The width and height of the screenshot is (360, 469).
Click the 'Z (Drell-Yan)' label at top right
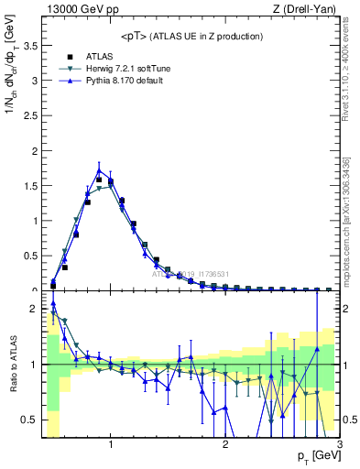pyautogui.click(x=307, y=9)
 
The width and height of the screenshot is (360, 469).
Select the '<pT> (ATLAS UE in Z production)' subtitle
pyautogui.click(x=191, y=36)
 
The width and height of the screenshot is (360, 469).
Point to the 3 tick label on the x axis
pyautogui.click(x=339, y=444)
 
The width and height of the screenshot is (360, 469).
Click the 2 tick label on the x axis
pyautogui.click(x=224, y=444)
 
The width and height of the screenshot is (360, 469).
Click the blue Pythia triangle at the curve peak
pyautogui.click(x=99, y=170)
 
